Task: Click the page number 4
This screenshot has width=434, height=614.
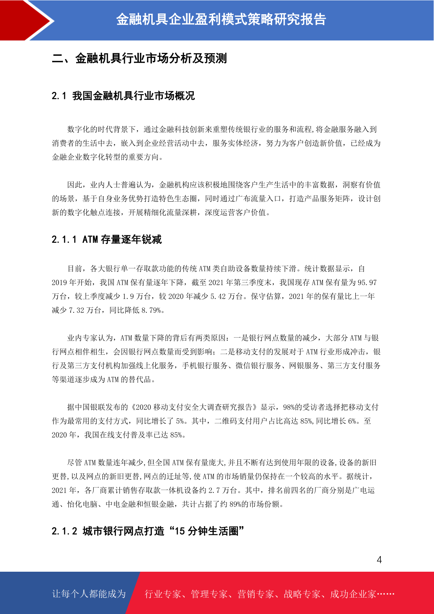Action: coord(379,560)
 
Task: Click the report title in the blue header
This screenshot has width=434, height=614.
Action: coord(221,20)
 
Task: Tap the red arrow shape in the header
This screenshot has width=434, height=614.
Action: coord(22,20)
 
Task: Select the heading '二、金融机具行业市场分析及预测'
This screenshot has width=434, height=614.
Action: coord(139,58)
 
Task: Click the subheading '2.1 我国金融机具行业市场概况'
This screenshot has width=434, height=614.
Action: coord(123,96)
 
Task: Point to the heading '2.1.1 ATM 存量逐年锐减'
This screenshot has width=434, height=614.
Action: coord(106,240)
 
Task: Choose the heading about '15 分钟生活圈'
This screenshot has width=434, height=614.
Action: coord(148,531)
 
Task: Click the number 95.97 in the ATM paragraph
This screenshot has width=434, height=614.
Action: coord(367,283)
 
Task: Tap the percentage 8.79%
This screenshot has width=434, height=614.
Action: coord(151,310)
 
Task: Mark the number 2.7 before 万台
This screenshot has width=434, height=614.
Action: coord(214,490)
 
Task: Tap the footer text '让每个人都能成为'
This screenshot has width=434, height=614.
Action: coord(89,594)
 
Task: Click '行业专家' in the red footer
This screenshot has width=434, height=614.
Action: coord(163,594)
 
